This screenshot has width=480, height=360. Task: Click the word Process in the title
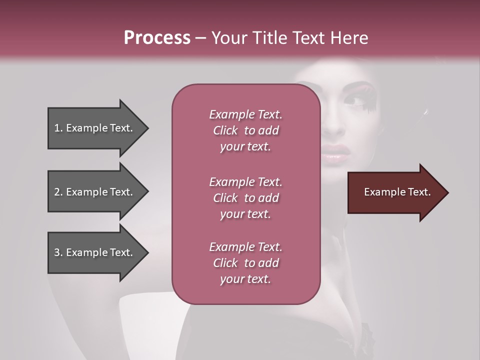(157, 38)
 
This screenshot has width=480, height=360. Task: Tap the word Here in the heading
(349, 38)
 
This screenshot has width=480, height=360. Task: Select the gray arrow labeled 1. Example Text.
(95, 128)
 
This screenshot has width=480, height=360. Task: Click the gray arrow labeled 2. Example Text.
(95, 192)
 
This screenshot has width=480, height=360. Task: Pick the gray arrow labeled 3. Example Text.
(95, 252)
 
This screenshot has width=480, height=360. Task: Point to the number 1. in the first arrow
(58, 128)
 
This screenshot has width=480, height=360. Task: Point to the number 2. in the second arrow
(58, 192)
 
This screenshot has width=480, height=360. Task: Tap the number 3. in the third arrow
(58, 252)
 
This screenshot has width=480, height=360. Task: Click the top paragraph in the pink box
(245, 130)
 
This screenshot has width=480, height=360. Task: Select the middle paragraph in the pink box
(245, 197)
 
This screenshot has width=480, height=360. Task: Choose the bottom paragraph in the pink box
(245, 263)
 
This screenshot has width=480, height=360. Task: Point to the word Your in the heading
(229, 38)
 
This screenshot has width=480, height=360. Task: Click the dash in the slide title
(200, 38)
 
